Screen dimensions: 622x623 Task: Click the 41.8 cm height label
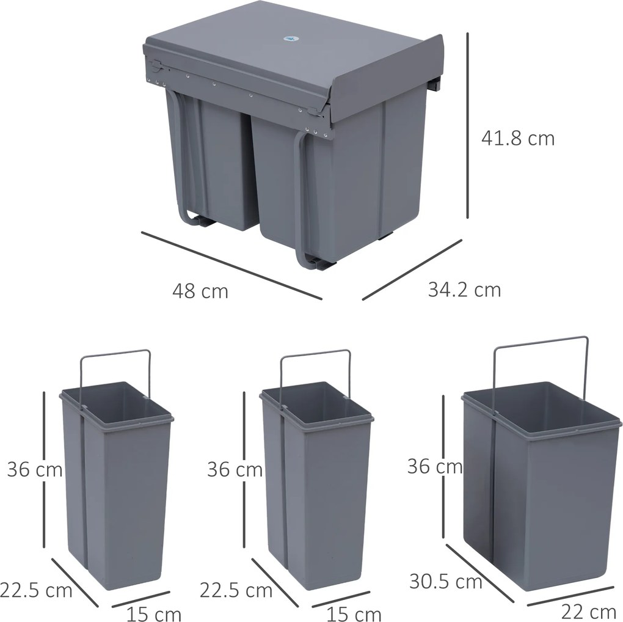coord(518,139)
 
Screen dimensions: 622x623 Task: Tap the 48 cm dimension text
coord(200,291)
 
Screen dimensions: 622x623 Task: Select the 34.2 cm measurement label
coord(464,289)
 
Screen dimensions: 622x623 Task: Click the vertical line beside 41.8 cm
coord(468,125)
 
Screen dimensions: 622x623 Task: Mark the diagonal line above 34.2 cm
coord(412,269)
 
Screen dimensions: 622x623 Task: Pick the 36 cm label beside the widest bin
coord(435,467)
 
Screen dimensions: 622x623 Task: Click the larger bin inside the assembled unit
coord(342,183)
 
